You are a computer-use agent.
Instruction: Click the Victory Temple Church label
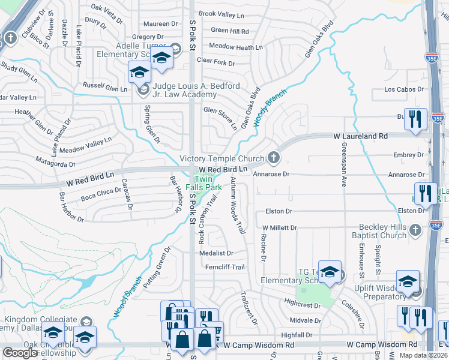pyautogui.click(x=222, y=159)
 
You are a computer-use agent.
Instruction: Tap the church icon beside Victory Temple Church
pyautogui.click(x=274, y=158)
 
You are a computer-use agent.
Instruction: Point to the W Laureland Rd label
pyautogui.click(x=360, y=137)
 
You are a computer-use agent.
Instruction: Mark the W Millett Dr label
pyautogui.click(x=280, y=228)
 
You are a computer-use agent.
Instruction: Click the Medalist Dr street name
pyautogui.click(x=216, y=253)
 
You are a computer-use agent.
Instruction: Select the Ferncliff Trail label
pyautogui.click(x=224, y=267)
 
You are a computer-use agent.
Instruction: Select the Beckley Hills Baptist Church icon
pyautogui.click(x=415, y=230)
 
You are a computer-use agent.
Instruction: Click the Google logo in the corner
pyautogui.click(x=20, y=353)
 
